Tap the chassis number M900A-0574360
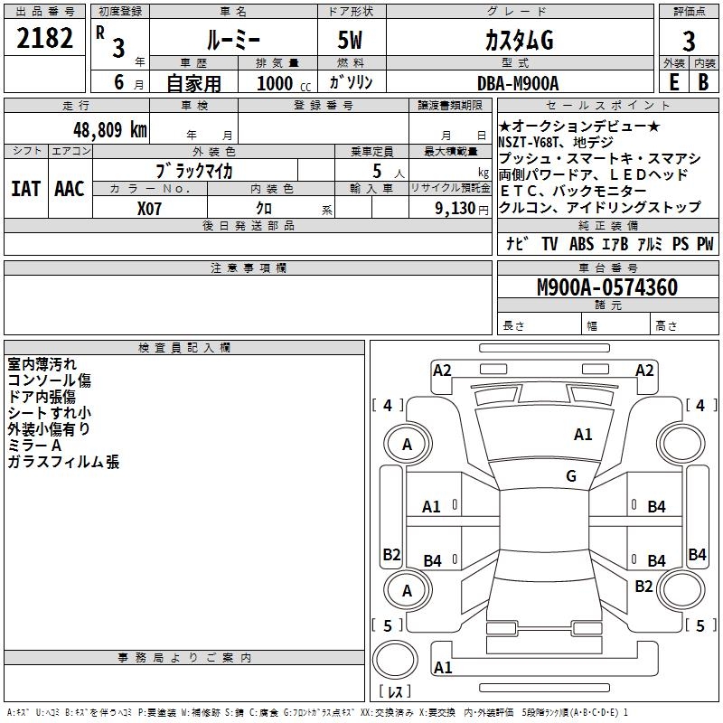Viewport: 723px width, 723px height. point(606,288)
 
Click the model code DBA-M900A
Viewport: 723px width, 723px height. point(518,83)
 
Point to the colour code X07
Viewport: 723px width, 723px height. point(149,207)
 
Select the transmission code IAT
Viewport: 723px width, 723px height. point(25,188)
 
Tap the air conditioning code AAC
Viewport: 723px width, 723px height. point(69,188)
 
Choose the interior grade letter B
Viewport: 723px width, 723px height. point(702,82)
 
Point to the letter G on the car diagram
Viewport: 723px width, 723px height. point(571,475)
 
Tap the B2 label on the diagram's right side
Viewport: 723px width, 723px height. point(643,586)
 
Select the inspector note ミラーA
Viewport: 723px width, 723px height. point(34,446)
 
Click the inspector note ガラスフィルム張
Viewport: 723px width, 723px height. point(63,462)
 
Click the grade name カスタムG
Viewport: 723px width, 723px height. point(518,41)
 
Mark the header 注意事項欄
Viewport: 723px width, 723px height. point(248,268)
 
